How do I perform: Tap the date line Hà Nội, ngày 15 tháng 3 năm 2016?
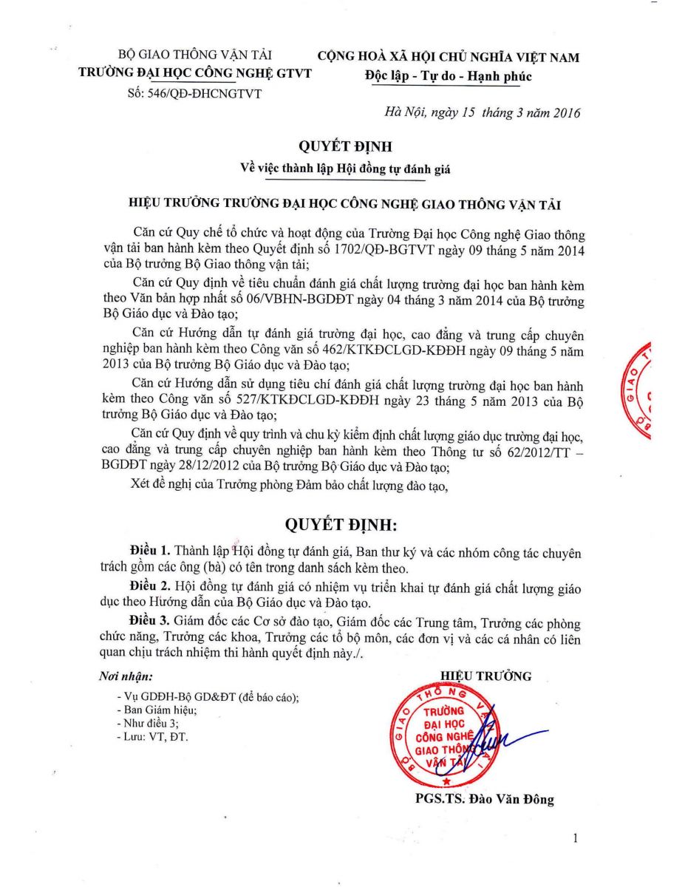[482, 113]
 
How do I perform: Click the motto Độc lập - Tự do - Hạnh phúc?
[448, 76]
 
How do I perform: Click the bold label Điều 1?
[150, 552]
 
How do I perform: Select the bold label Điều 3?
[150, 621]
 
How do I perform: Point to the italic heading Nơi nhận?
[126, 676]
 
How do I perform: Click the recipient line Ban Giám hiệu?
[157, 710]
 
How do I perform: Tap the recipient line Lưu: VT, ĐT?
[153, 737]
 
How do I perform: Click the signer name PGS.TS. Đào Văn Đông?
[485, 799]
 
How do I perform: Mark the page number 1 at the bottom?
[575, 838]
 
